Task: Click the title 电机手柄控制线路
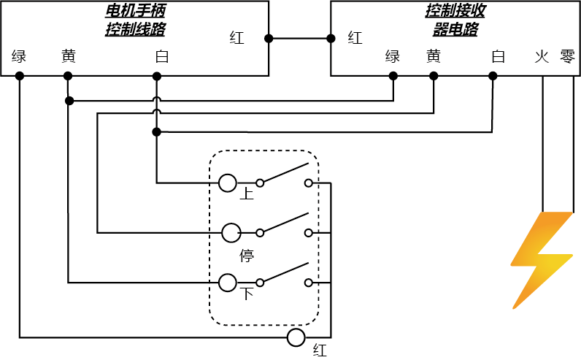coord(135,20)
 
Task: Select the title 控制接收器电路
coord(455,20)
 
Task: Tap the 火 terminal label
coord(542,56)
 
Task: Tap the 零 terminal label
coord(567,56)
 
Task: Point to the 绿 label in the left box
coord(20,56)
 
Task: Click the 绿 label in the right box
coord(393,56)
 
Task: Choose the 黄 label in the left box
coord(69,56)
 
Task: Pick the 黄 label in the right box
coord(434,56)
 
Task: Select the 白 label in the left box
coord(161,56)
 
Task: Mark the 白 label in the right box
coord(499,56)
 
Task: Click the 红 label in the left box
coord(237,38)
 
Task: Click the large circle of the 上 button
coord(227,183)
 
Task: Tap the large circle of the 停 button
coord(231,233)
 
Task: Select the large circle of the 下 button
coord(228,283)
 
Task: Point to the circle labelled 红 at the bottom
coord(296,337)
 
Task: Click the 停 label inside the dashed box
coord(247,256)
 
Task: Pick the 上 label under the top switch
coord(247,194)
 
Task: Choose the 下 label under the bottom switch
coord(247,294)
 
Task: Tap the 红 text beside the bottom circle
coord(320,350)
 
